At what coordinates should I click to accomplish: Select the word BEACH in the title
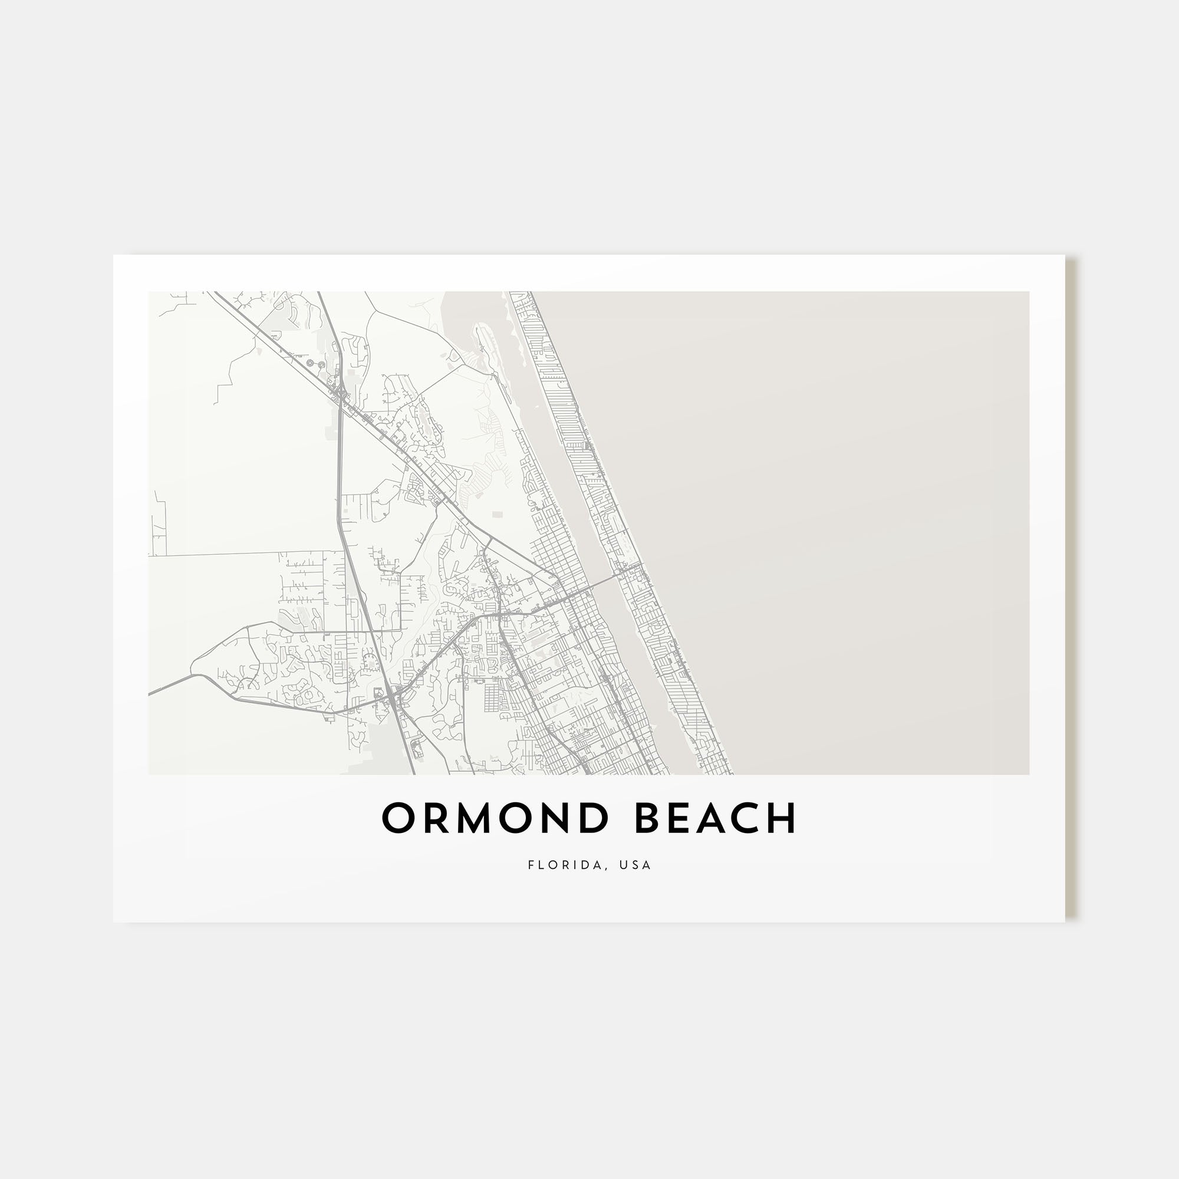tap(716, 818)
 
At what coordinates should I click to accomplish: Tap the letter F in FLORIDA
tap(531, 865)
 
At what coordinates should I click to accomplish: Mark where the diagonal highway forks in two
tap(488, 539)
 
